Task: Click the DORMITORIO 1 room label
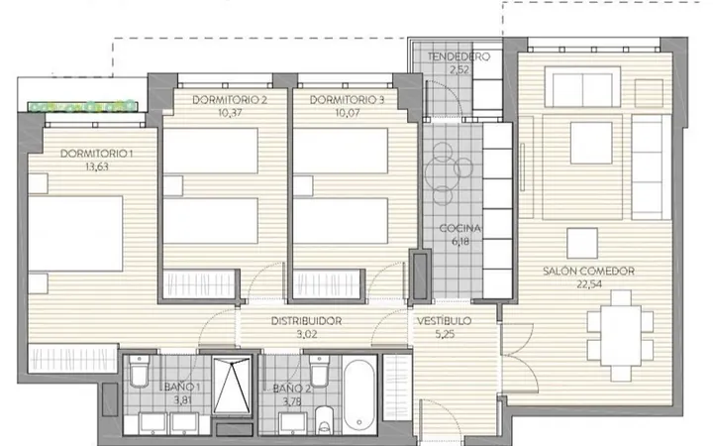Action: tap(96, 154)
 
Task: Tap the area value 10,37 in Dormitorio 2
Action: tap(230, 113)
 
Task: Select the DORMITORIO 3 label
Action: tap(347, 100)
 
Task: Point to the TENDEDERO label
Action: tap(458, 56)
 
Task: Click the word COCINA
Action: tap(460, 229)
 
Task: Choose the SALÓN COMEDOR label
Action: tap(588, 272)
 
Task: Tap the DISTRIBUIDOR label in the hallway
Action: tap(306, 321)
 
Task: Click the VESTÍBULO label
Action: tap(445, 321)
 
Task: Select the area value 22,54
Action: tap(589, 284)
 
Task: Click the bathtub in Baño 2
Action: tap(359, 395)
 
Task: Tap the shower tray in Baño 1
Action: tap(232, 386)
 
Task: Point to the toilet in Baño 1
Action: tap(140, 371)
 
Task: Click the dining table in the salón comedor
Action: tap(620, 336)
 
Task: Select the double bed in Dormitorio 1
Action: tap(75, 234)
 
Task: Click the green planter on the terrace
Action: tap(82, 106)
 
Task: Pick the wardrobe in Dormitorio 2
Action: tap(199, 284)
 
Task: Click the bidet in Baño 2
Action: tap(324, 419)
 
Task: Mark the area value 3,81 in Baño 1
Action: tap(182, 401)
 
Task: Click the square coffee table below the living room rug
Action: tap(582, 244)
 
